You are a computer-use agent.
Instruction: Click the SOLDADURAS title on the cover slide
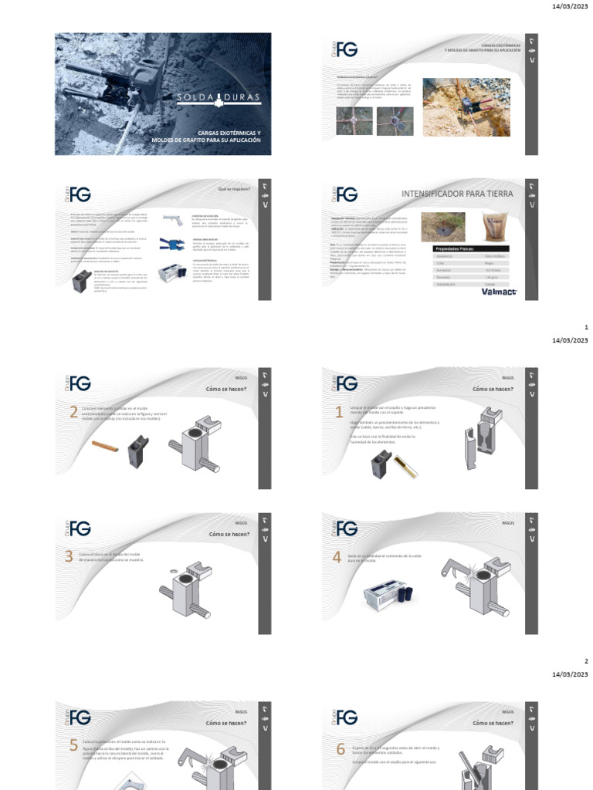pos(208,98)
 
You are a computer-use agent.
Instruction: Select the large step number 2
pos(73,413)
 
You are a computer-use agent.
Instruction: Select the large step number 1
pos(338,413)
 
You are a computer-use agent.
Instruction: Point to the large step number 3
pos(69,557)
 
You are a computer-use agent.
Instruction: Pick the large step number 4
pos(337,557)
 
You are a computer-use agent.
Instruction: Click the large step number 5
pos(73,745)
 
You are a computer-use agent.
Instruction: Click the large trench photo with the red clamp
pos(466,106)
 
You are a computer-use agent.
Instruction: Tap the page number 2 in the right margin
pos(586,661)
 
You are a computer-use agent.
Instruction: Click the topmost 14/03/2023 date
pos(570,6)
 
